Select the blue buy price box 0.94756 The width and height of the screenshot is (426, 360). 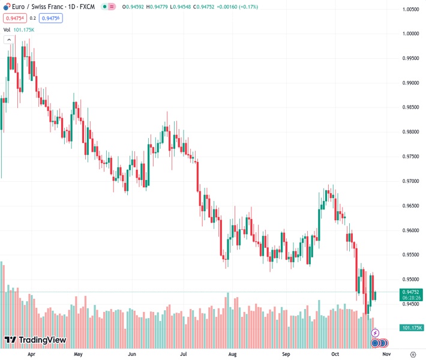[x=52, y=18]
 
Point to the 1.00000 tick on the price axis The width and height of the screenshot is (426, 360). [x=411, y=34]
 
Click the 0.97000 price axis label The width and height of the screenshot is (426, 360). [x=411, y=181]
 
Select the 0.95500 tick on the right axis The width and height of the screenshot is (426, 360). [x=411, y=255]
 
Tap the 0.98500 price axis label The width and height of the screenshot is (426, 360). [x=411, y=107]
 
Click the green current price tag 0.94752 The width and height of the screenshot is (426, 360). [x=411, y=292]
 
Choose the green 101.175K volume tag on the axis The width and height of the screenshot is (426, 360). [x=411, y=328]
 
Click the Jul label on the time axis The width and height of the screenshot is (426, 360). [x=181, y=354]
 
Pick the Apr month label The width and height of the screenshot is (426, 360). [x=31, y=354]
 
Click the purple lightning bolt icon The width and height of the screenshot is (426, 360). [x=376, y=332]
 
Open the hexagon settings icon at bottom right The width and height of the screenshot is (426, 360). [x=413, y=354]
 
